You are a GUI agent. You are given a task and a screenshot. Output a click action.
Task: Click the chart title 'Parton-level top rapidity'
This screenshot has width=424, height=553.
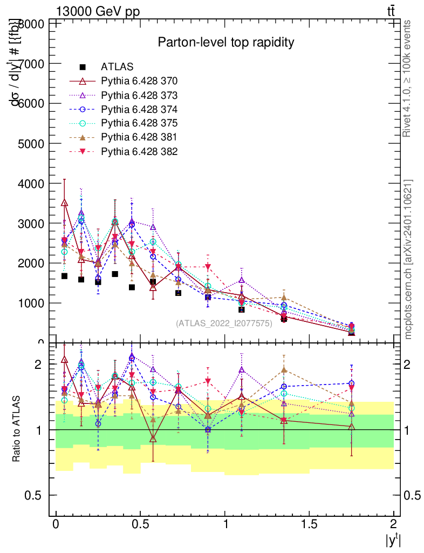click(225, 42)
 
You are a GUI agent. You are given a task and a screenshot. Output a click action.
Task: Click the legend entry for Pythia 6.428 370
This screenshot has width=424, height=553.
click(139, 82)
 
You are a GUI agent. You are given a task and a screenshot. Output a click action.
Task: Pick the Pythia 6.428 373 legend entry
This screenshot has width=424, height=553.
click(139, 96)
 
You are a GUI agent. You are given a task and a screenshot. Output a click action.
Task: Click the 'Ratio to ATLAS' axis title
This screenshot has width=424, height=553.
click(17, 430)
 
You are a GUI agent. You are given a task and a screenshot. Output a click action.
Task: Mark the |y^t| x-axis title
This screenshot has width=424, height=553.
click(392, 540)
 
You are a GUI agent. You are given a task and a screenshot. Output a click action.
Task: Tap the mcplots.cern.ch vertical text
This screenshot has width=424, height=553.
click(408, 259)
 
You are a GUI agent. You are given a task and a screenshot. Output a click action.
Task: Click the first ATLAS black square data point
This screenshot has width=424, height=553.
click(65, 276)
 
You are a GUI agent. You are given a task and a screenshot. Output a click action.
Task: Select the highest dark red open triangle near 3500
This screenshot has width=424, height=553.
click(65, 203)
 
